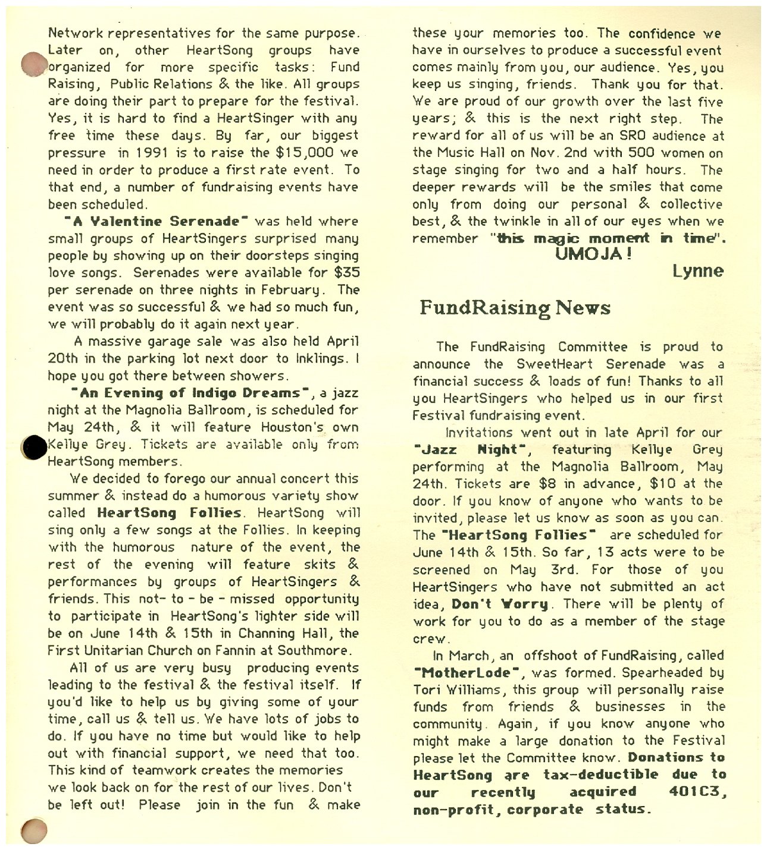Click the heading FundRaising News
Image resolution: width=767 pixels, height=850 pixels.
tap(515, 308)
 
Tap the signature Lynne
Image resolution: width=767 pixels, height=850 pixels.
tap(698, 272)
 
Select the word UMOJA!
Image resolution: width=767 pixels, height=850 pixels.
tap(593, 254)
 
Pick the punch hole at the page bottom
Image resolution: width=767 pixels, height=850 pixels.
tap(33, 829)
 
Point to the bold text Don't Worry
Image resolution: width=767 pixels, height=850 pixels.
tap(500, 605)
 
